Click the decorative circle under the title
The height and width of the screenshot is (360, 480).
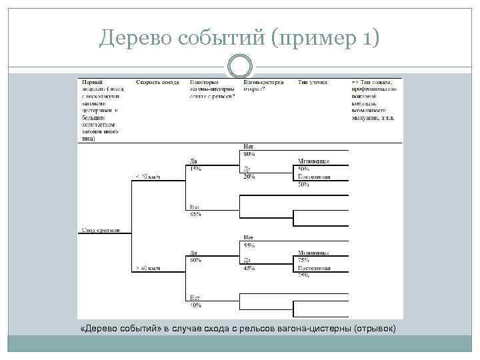(x=239, y=66)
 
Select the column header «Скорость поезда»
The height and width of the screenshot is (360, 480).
(x=158, y=82)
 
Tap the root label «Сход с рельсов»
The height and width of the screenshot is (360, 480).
(x=100, y=229)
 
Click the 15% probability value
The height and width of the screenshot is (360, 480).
(x=195, y=169)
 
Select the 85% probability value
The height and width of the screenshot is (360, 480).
(x=195, y=214)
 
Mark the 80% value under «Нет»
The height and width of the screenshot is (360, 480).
(x=249, y=155)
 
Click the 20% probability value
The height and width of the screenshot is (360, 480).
(x=249, y=177)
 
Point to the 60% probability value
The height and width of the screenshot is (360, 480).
(x=195, y=261)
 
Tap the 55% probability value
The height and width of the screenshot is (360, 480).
(x=249, y=246)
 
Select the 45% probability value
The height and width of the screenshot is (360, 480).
(x=249, y=268)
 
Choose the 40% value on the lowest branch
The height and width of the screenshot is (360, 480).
(x=195, y=305)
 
